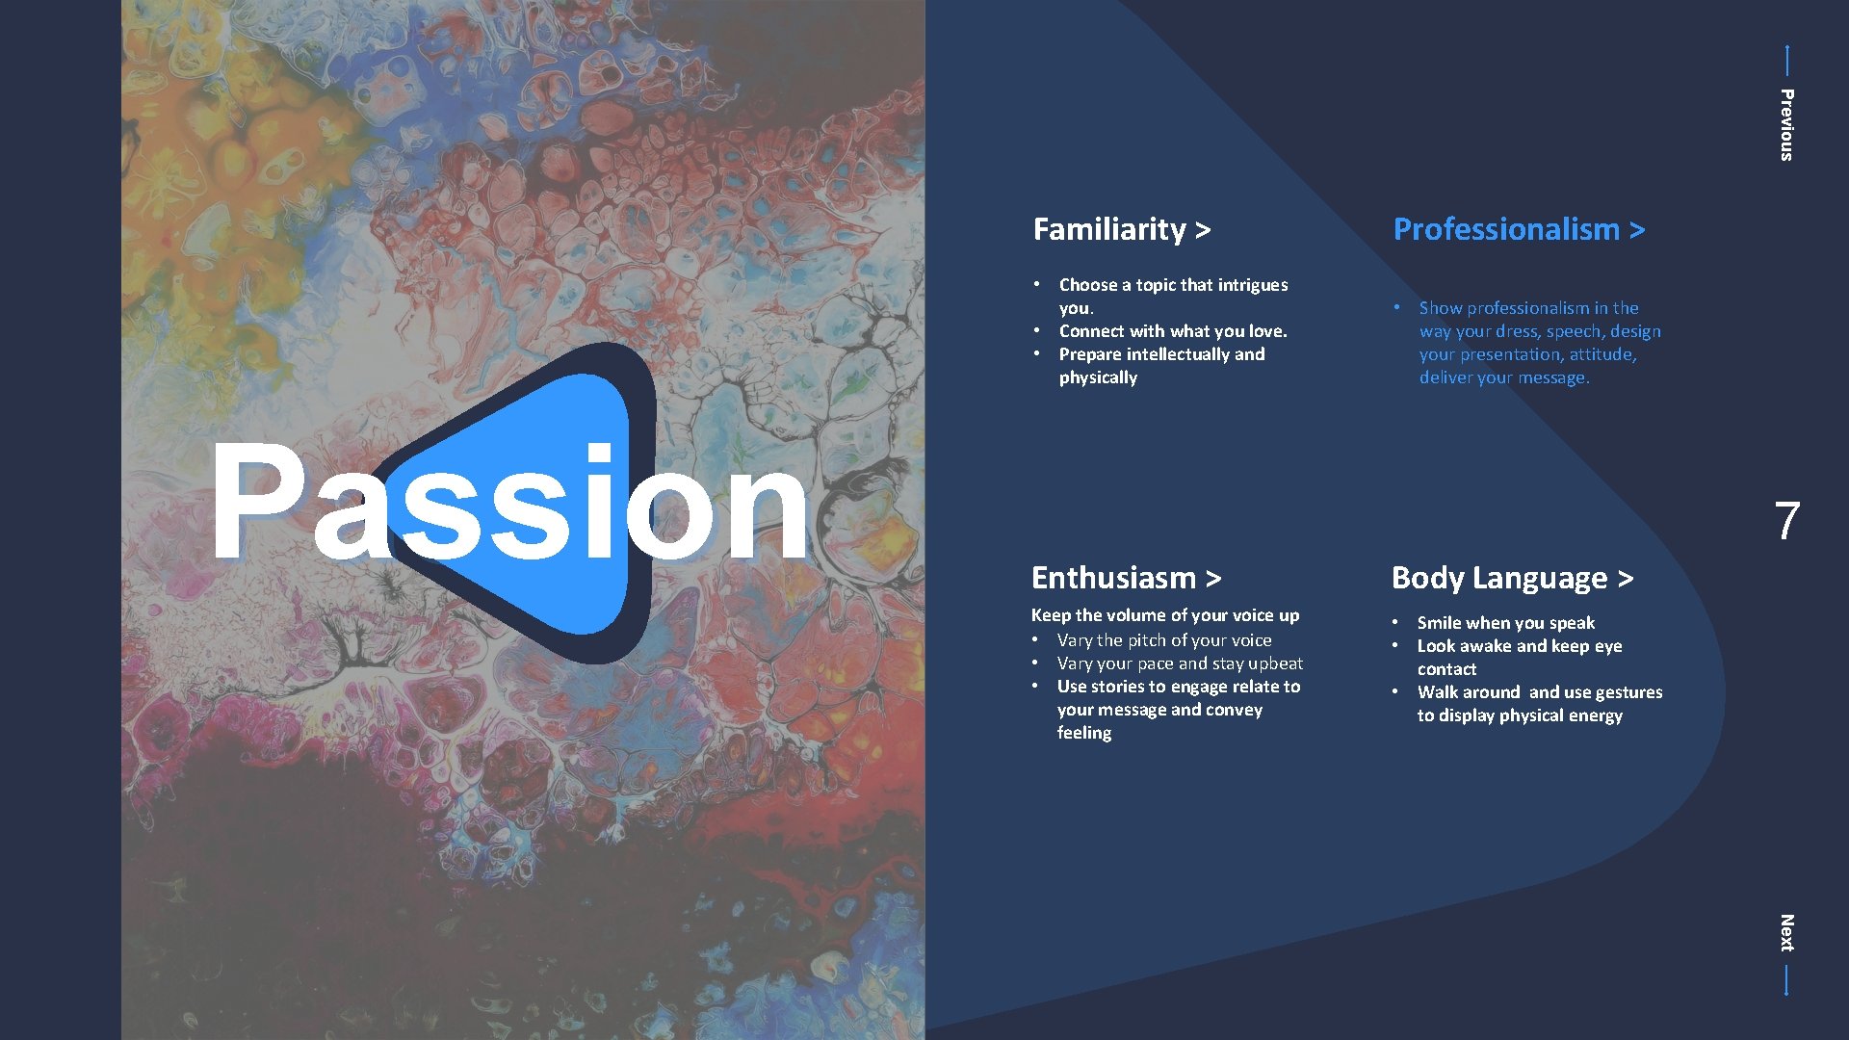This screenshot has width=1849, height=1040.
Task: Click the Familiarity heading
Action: [1120, 229]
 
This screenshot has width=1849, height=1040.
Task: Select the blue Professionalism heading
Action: [1518, 229]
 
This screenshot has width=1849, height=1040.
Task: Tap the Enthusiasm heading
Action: [1125, 578]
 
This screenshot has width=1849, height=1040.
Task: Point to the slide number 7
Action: [1786, 521]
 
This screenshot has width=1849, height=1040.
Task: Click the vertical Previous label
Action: [1786, 125]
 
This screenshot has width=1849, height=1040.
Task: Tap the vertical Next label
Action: [1786, 932]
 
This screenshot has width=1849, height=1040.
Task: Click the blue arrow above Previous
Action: [1786, 60]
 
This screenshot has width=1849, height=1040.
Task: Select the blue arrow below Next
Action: [1786, 980]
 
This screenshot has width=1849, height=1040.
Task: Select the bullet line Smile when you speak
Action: [1505, 623]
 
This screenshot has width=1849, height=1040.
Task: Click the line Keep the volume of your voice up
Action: [1164, 615]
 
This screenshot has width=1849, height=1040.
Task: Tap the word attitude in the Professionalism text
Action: [1602, 354]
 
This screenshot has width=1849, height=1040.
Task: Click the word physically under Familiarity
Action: [1098, 377]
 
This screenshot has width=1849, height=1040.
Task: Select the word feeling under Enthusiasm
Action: [1083, 733]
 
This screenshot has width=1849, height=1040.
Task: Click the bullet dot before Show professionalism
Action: [1395, 307]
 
